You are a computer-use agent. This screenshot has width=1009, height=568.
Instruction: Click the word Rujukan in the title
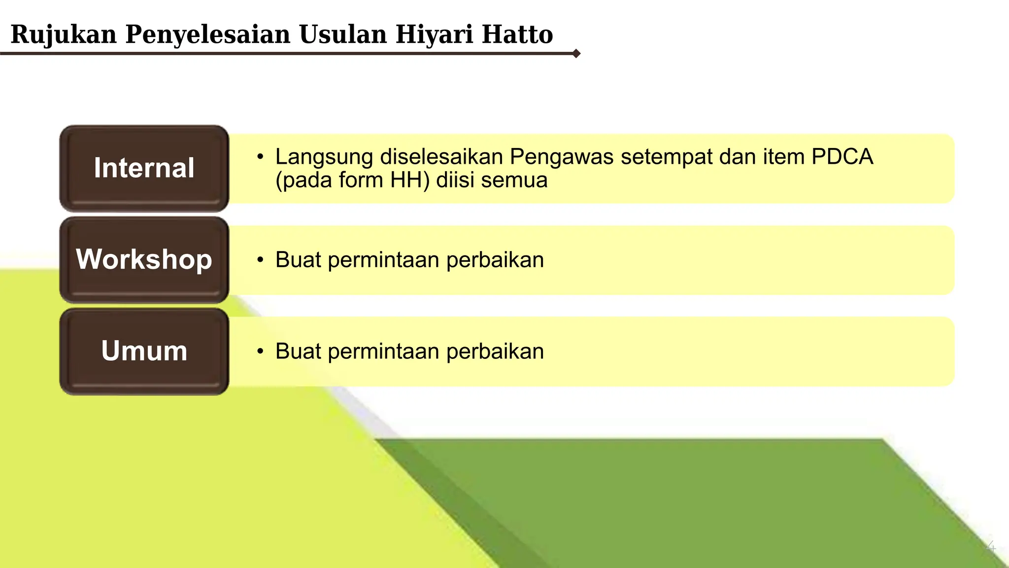pyautogui.click(x=64, y=35)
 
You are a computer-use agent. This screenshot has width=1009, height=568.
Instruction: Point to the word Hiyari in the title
pyautogui.click(x=434, y=35)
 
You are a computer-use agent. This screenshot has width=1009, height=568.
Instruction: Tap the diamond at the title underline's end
pyautogui.click(x=576, y=53)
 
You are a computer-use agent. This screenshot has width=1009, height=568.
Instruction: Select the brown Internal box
pyautogui.click(x=144, y=168)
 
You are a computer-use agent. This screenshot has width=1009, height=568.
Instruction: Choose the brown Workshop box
pyautogui.click(x=144, y=260)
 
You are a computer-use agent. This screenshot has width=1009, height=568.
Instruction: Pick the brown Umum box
pyautogui.click(x=144, y=351)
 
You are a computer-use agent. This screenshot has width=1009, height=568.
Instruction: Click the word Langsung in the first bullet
pyautogui.click(x=324, y=157)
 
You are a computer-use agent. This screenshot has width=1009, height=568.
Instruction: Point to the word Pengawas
pyautogui.click(x=561, y=157)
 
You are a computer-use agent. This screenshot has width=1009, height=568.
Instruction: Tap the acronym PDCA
pyautogui.click(x=842, y=157)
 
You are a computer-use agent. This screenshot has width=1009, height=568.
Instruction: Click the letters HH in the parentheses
pyautogui.click(x=407, y=180)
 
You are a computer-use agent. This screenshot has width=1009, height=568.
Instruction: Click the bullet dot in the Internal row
pyautogui.click(x=260, y=157)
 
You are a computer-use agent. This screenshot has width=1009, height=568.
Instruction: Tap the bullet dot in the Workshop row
pyautogui.click(x=260, y=260)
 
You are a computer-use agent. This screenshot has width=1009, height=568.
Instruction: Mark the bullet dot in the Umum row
pyautogui.click(x=260, y=351)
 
